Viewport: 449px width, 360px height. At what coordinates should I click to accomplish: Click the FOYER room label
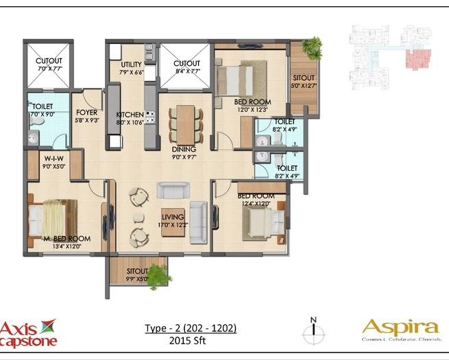86,112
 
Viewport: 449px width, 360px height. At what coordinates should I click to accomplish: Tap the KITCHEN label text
130,115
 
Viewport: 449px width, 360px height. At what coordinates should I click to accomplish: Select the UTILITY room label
132,65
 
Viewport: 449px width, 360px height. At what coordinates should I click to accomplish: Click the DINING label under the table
184,149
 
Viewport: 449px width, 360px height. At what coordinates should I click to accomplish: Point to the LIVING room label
173,217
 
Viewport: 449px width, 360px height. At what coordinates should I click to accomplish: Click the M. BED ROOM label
66,239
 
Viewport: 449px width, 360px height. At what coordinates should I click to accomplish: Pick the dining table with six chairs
185,124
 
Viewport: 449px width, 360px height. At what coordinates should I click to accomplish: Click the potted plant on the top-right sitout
313,47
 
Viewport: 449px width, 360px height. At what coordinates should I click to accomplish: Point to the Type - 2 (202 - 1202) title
191,328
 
